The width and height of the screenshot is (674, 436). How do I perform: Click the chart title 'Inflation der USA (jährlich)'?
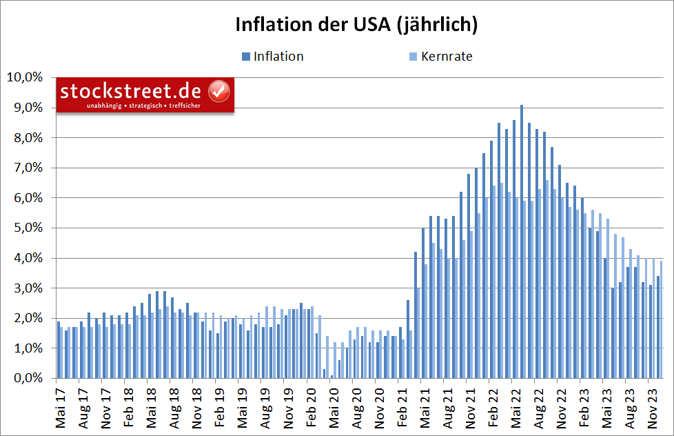[x=356, y=25]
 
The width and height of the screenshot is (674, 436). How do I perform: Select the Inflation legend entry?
[x=278, y=57]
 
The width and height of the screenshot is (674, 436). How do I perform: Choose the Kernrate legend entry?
[x=446, y=57]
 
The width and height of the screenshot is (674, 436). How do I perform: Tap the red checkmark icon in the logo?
[x=219, y=90]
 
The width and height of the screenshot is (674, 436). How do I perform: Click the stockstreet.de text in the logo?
[x=130, y=91]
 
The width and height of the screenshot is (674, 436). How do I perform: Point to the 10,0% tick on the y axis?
[x=25, y=77]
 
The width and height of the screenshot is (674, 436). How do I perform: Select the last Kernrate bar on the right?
[x=662, y=319]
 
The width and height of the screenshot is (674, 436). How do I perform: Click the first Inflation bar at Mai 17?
[x=59, y=350]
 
